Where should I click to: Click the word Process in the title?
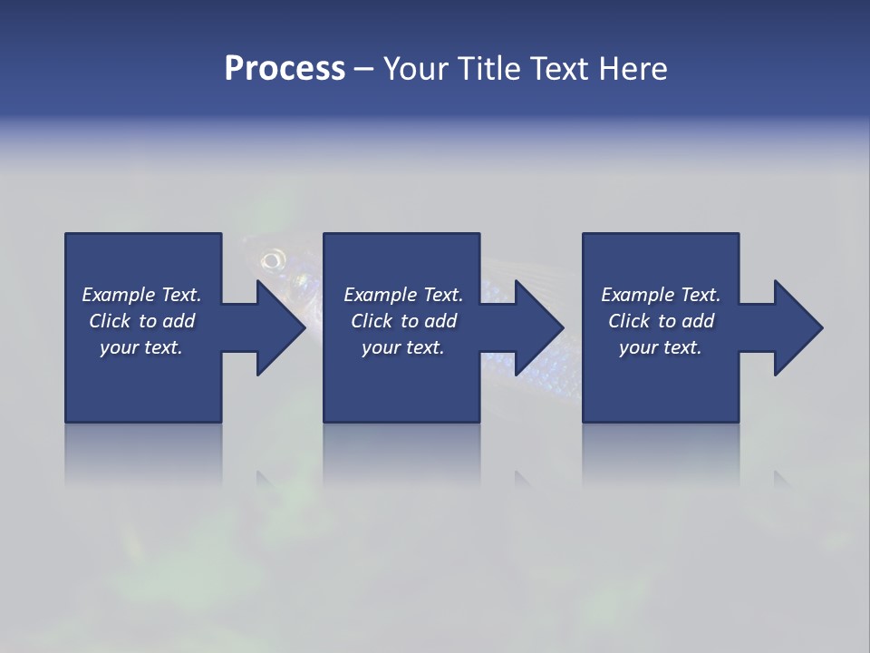click(x=285, y=68)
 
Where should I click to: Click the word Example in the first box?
click(x=119, y=295)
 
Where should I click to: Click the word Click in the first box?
click(x=109, y=321)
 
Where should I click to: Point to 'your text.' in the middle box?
click(x=402, y=347)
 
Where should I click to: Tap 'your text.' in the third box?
click(x=660, y=347)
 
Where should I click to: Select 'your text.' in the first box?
click(x=141, y=347)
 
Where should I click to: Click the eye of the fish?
click(x=270, y=261)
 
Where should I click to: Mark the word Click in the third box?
click(x=629, y=321)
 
